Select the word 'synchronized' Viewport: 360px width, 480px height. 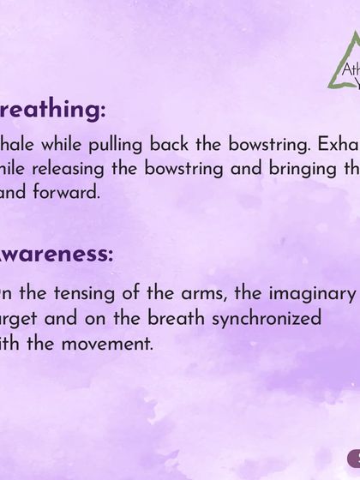(x=283, y=320)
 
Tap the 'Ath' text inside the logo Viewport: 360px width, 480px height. (x=351, y=71)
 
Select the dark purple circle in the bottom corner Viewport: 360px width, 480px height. (x=354, y=461)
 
